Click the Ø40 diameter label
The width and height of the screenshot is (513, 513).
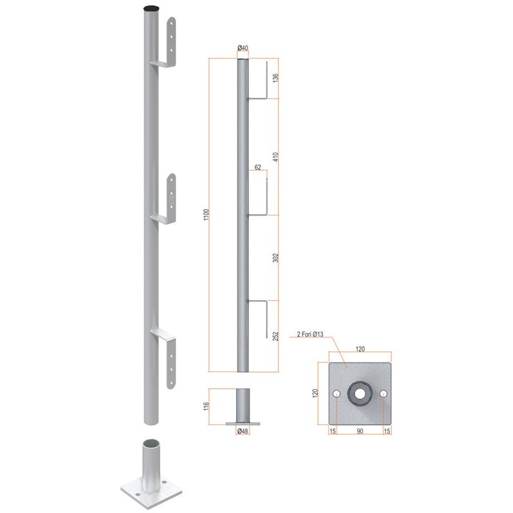click(243, 47)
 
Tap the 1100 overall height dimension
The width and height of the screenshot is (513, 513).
click(206, 214)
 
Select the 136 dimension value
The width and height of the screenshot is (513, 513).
click(276, 78)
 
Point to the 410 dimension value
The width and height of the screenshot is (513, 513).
click(276, 157)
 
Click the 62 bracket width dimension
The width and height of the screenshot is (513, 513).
click(258, 167)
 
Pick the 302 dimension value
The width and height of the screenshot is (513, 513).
click(276, 258)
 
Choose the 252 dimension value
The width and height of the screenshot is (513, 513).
click(276, 336)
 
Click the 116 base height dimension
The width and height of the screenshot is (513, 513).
click(206, 406)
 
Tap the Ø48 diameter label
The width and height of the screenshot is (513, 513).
click(243, 431)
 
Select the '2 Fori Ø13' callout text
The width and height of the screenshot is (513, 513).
click(310, 334)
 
